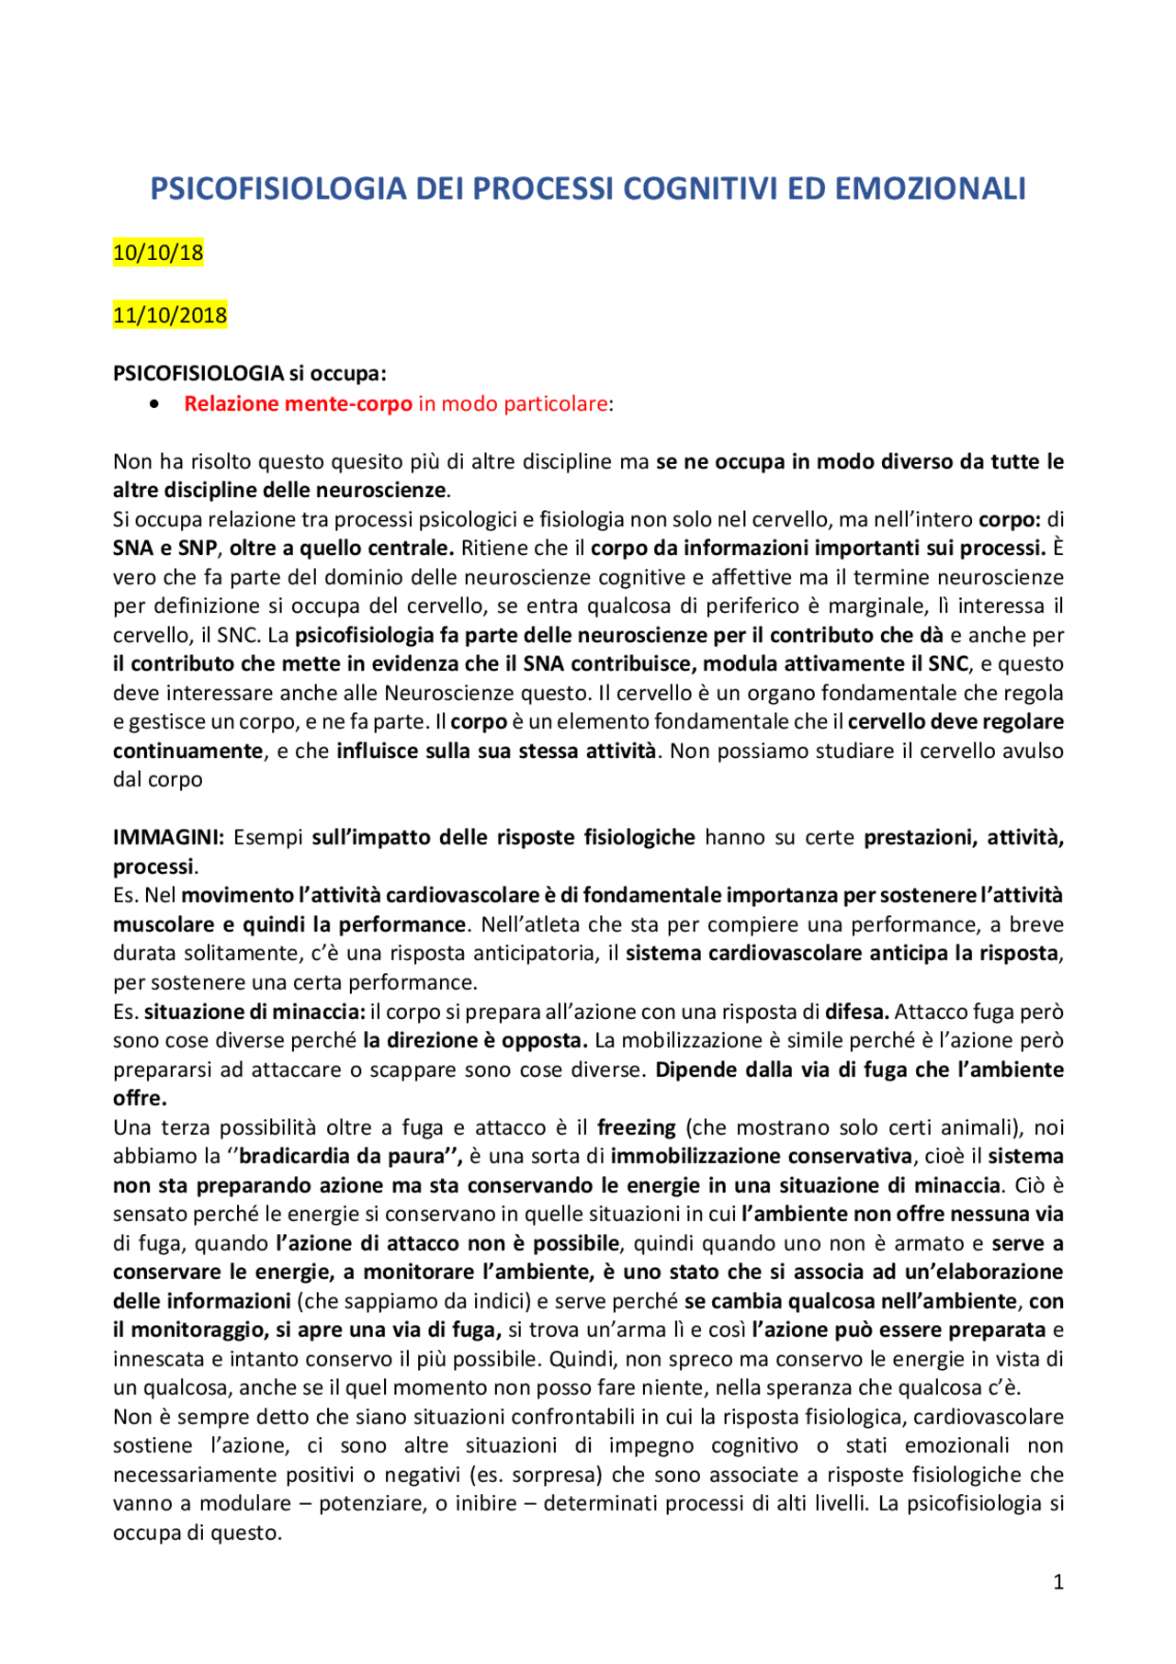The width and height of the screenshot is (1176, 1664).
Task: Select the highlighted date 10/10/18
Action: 158,253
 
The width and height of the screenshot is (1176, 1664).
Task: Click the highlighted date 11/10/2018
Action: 170,315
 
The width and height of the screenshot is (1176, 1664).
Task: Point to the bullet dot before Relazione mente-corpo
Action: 155,404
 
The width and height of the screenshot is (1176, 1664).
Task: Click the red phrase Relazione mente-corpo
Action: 298,404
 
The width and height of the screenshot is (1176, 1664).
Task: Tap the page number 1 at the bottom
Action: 1058,1581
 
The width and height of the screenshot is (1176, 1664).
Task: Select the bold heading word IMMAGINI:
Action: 168,837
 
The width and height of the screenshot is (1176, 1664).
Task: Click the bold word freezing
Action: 636,1127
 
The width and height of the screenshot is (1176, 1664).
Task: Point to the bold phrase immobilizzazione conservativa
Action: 761,1156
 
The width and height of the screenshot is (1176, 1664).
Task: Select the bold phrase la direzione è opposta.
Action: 475,1040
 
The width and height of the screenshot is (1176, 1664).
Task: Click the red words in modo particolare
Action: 513,404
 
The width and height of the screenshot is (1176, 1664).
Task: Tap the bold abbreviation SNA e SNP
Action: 164,549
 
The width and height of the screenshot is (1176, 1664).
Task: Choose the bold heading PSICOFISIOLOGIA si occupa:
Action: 249,373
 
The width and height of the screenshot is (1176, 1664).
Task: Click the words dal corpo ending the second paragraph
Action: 157,779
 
